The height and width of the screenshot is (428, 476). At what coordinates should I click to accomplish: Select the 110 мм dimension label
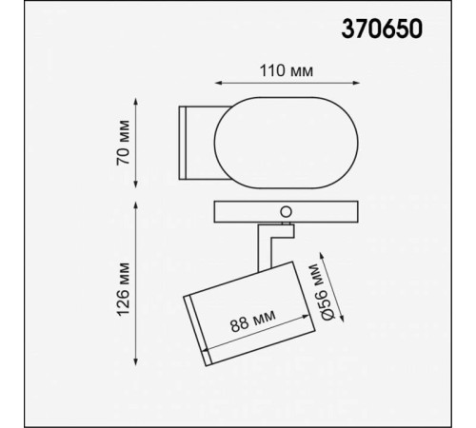(288, 71)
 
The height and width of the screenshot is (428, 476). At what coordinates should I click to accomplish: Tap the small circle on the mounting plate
(283, 208)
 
